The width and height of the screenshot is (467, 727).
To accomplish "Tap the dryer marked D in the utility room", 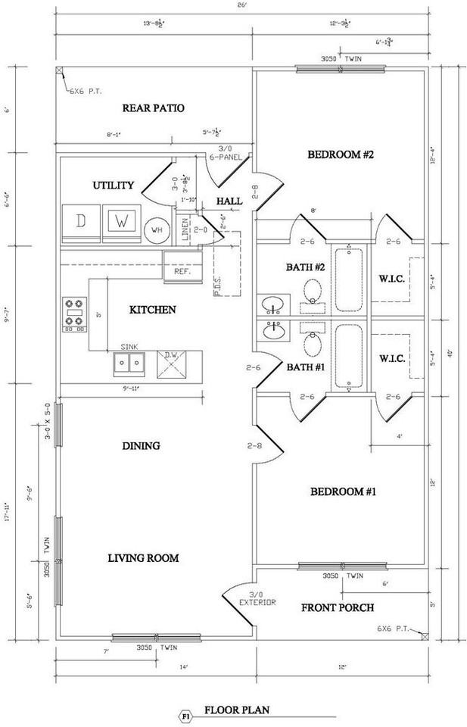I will click(x=81, y=222).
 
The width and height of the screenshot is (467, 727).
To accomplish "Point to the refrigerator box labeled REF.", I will click(x=182, y=270).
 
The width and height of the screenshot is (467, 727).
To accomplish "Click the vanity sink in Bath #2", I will click(x=273, y=305).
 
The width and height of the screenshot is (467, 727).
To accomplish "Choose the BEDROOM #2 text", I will click(x=341, y=155).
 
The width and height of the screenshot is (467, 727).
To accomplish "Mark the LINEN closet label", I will click(x=186, y=229).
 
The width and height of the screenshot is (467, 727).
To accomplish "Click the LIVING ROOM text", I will click(x=143, y=558).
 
